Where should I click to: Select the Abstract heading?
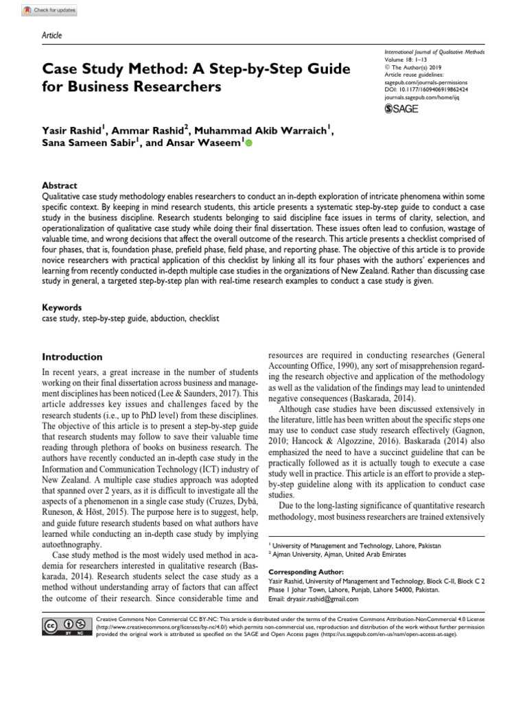tap(60, 186)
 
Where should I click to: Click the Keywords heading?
tap(62, 308)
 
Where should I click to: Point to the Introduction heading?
tap(73, 357)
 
